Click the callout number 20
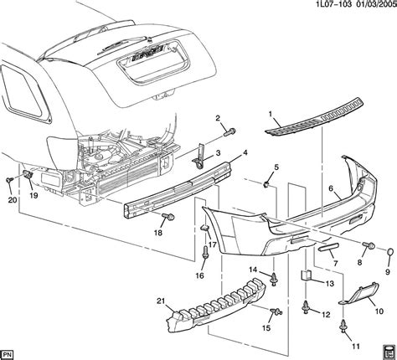pos(11,199)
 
